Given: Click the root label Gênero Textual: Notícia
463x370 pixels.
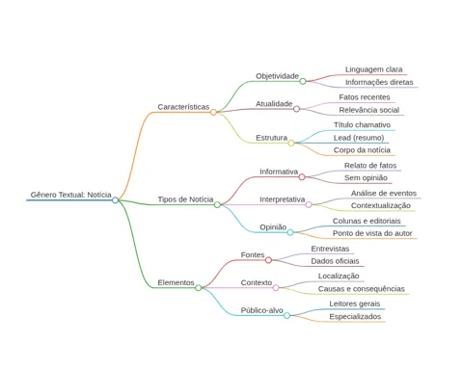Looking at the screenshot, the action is point(70,195).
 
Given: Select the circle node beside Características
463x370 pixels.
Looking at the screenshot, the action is point(213,112).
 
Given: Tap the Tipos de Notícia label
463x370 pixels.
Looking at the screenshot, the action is point(185,199).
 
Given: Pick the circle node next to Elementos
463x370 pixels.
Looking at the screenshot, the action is point(199,287).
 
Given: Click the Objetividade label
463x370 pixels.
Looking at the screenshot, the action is point(277,76).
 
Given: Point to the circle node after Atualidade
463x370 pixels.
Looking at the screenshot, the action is point(296,109).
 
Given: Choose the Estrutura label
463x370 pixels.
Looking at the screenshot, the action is point(272,138).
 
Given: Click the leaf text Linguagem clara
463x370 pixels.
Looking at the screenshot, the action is point(373,69).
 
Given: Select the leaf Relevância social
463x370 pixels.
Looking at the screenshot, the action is point(369,110).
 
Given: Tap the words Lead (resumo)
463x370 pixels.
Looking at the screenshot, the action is point(359,138).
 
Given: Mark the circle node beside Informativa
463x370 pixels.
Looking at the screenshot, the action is point(302,177).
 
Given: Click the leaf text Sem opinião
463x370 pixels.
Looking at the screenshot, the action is point(366,178).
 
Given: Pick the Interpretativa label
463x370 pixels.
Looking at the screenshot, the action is point(283,199).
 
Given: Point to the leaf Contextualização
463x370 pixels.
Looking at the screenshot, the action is point(381,205).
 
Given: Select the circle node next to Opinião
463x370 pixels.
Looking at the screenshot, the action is point(290,232).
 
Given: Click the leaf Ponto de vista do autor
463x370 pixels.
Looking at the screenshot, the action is point(372,233).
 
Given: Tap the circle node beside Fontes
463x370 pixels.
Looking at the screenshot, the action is point(268,260).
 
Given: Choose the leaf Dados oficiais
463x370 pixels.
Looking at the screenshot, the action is point(335,261).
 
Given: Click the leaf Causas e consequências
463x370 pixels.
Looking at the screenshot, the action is point(362,289).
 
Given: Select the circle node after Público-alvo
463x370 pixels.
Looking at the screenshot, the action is point(286,315).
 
